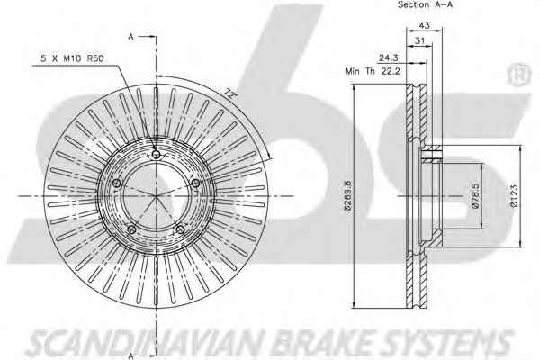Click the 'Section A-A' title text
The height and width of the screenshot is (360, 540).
(425, 4)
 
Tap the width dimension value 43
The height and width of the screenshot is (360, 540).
(424, 25)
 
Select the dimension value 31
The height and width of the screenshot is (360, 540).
(419, 40)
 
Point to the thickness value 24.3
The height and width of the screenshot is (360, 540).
(388, 58)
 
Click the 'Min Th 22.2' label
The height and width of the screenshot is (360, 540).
(373, 71)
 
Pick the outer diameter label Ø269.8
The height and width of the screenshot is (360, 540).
(347, 196)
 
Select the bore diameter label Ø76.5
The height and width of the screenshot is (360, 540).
(475, 196)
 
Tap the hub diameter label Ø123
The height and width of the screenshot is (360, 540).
(515, 196)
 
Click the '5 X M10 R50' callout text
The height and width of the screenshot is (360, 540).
(72, 58)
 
